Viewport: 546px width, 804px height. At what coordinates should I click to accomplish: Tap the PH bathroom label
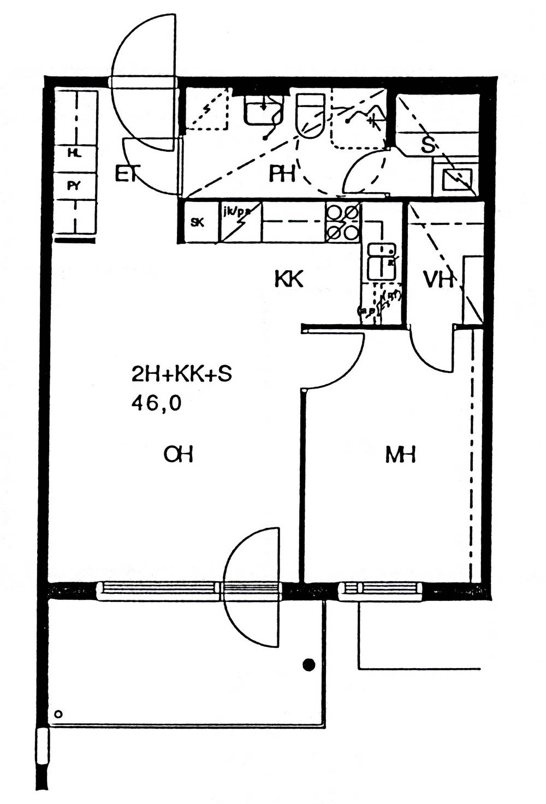coord(283,174)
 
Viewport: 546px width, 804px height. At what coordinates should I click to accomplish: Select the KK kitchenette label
coord(288,279)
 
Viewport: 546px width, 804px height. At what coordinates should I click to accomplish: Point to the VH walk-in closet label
coord(438,280)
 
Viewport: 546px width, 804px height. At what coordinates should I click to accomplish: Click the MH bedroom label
coord(401,455)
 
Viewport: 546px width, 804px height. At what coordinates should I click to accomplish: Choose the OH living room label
coord(179,454)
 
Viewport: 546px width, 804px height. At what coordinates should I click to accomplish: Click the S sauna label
coord(429,145)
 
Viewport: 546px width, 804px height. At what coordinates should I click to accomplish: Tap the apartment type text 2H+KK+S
coord(181,374)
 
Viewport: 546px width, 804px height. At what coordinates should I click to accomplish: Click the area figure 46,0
coord(156,403)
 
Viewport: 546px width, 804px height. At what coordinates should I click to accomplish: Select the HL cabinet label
coord(74,154)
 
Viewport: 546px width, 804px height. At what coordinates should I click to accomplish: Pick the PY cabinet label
coord(74,186)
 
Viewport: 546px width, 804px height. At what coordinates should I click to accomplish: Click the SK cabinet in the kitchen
coord(198,222)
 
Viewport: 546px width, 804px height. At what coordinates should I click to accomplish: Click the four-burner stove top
coord(343,222)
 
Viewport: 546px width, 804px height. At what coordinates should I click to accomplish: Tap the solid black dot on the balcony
coord(309,664)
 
